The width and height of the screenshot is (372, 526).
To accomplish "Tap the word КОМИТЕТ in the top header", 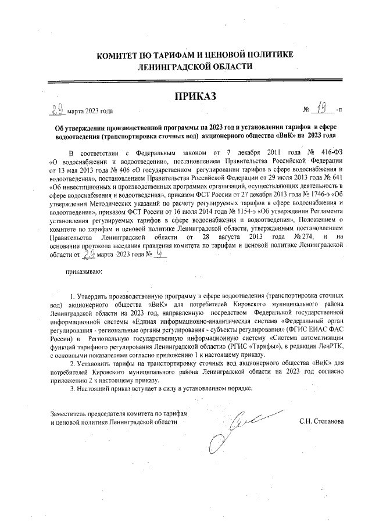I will tap(119, 55).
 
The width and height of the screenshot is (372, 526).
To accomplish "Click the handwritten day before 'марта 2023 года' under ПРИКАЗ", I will tap(56, 109).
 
